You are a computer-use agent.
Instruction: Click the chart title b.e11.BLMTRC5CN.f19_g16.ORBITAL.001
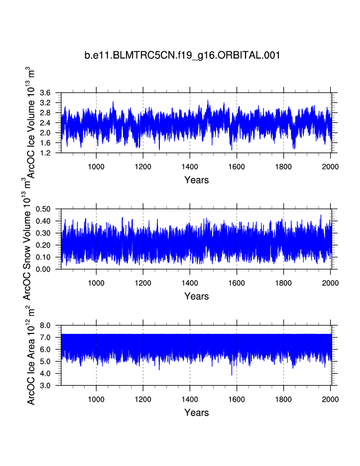click(182, 55)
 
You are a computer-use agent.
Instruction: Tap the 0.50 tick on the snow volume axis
click(44, 209)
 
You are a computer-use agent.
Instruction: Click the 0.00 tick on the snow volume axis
click(44, 269)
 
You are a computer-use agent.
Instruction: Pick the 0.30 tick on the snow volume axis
click(44, 233)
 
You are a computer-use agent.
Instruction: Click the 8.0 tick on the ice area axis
click(46, 325)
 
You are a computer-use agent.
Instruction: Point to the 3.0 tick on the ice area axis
click(46, 386)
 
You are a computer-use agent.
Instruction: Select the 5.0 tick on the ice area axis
click(46, 361)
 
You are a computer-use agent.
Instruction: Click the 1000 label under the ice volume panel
click(96, 166)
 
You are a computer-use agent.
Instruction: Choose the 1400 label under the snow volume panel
click(190, 283)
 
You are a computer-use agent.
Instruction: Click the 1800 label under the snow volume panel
click(283, 283)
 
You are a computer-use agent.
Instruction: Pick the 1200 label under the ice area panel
click(143, 399)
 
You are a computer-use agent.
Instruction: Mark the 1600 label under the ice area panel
click(237, 399)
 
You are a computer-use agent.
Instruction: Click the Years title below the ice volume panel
click(196, 180)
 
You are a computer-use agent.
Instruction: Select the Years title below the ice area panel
click(196, 413)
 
